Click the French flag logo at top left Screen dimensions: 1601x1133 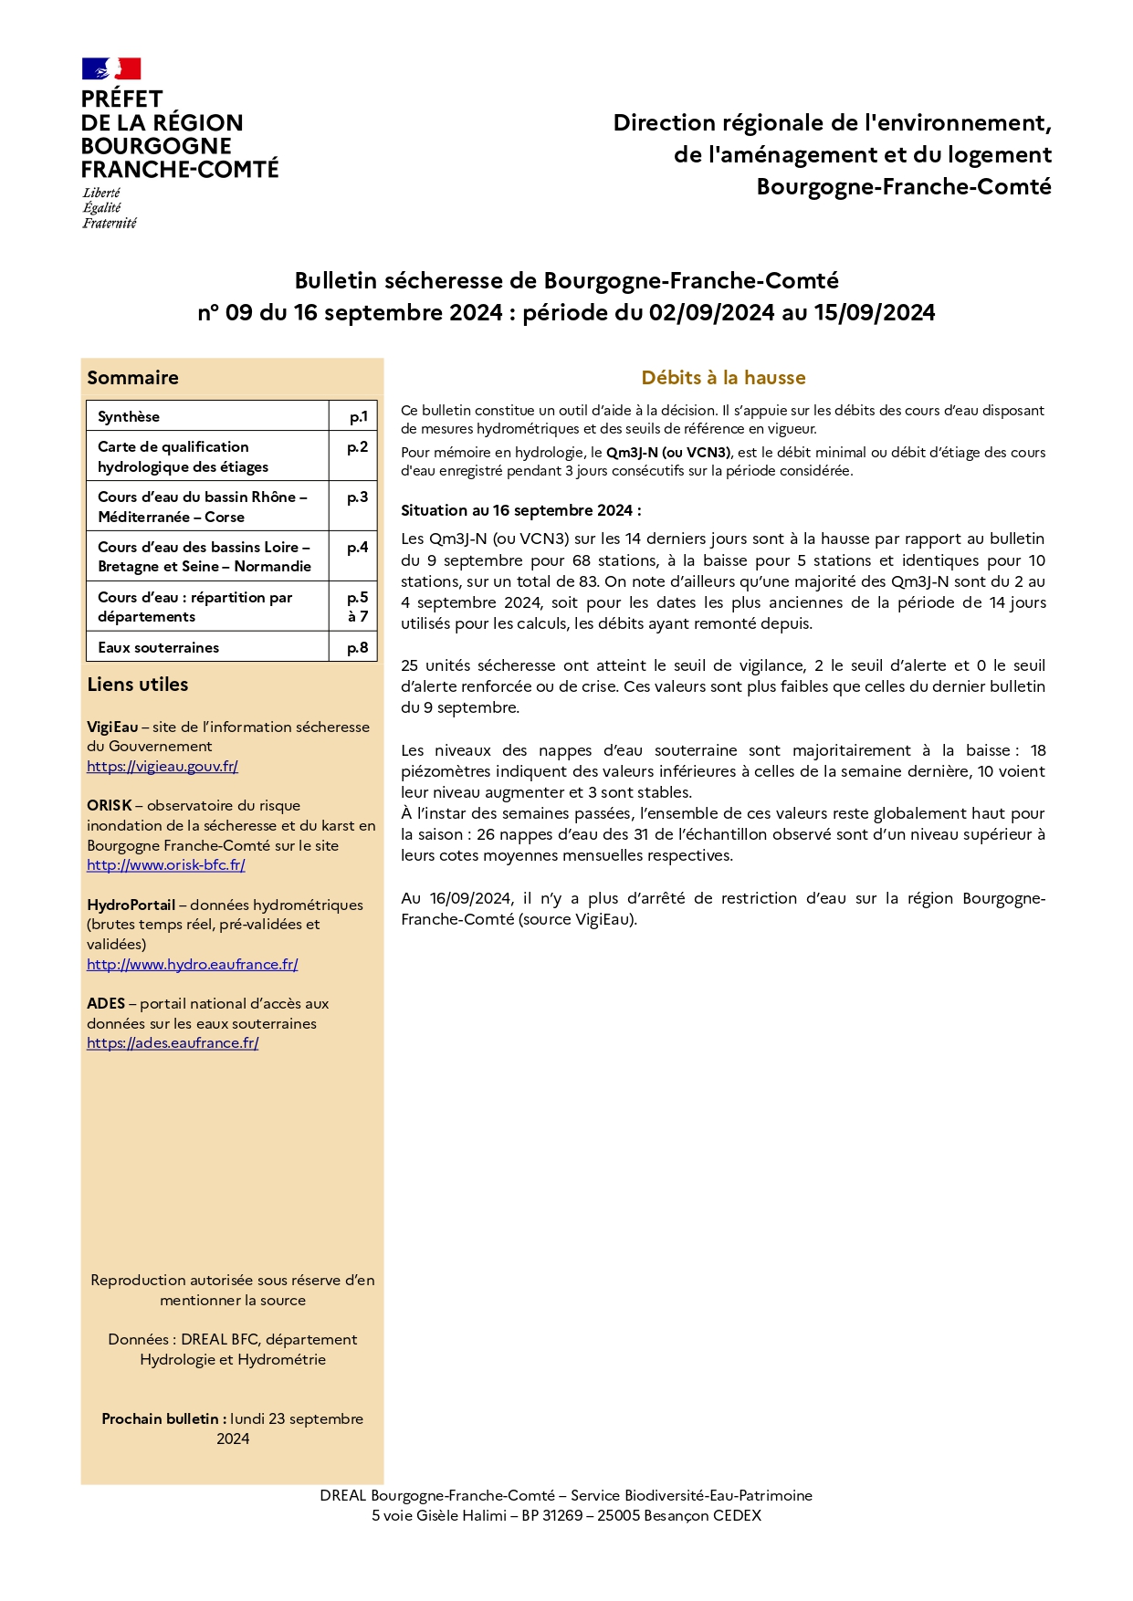tap(111, 68)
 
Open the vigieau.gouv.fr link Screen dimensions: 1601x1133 tap(163, 767)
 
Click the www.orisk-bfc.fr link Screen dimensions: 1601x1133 tap(166, 865)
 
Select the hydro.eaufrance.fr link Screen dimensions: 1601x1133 tap(193, 965)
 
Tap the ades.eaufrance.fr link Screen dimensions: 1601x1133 tap(173, 1043)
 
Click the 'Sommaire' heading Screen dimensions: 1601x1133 tap(133, 378)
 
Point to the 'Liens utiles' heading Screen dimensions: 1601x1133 tap(138, 685)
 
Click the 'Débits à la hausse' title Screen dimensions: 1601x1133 tap(723, 378)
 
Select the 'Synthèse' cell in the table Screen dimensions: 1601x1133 tap(129, 417)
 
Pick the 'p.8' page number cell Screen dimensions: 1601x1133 tap(357, 648)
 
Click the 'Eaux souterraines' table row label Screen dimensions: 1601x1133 tap(159, 648)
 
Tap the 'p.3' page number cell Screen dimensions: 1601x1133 tap(357, 497)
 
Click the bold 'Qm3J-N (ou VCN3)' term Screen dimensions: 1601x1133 tap(668, 453)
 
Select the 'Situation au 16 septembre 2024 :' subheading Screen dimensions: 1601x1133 tap(520, 511)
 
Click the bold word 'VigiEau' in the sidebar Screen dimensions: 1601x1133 tap(112, 727)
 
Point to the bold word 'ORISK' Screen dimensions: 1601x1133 tap(110, 806)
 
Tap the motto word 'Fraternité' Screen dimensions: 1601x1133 tap(110, 224)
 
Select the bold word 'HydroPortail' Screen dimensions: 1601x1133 tap(131, 905)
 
